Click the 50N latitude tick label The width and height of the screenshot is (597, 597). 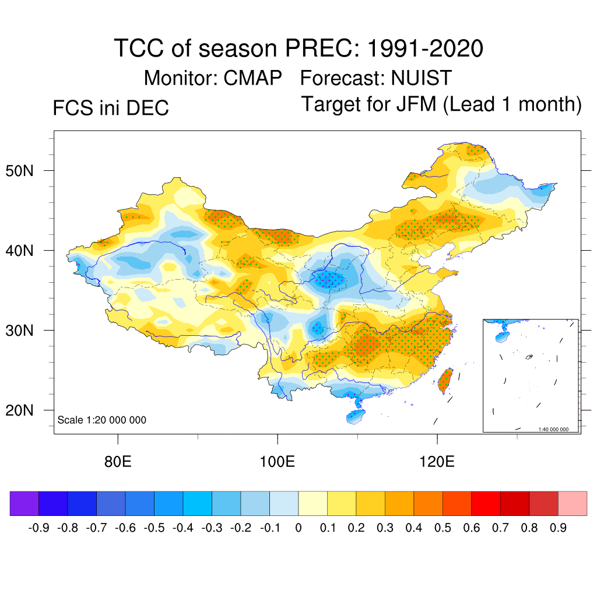pyautogui.click(x=26, y=171)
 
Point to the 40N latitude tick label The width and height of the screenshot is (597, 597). pyautogui.click(x=26, y=251)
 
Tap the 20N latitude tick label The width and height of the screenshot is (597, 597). pyautogui.click(x=26, y=410)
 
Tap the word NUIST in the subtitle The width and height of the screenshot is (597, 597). pyautogui.click(x=421, y=78)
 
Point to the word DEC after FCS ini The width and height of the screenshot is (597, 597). pyautogui.click(x=148, y=108)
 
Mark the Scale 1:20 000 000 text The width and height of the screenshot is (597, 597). pyautogui.click(x=102, y=420)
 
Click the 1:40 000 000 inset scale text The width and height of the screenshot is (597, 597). pyautogui.click(x=557, y=430)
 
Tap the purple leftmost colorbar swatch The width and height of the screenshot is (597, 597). pyautogui.click(x=24, y=504)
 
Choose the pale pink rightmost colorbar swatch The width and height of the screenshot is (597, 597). pyautogui.click(x=573, y=504)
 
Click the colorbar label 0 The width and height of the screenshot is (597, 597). pyautogui.click(x=298, y=528)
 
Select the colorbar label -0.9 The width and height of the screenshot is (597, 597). pyautogui.click(x=38, y=528)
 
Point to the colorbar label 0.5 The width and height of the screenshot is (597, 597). pyautogui.click(x=443, y=528)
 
